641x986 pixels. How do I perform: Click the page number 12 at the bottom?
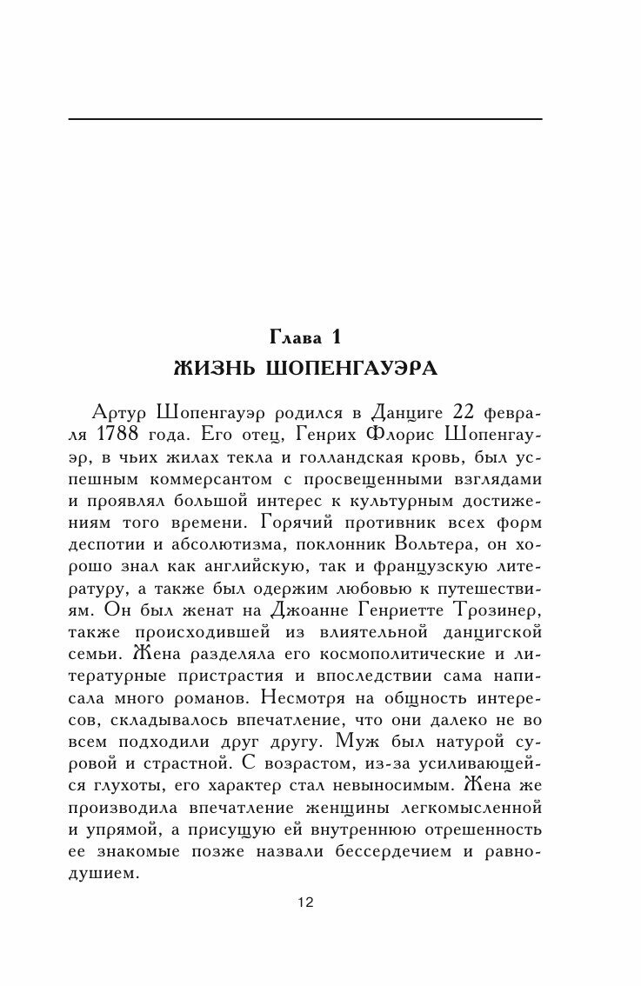click(x=304, y=902)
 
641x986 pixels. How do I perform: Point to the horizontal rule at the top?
click(x=304, y=118)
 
